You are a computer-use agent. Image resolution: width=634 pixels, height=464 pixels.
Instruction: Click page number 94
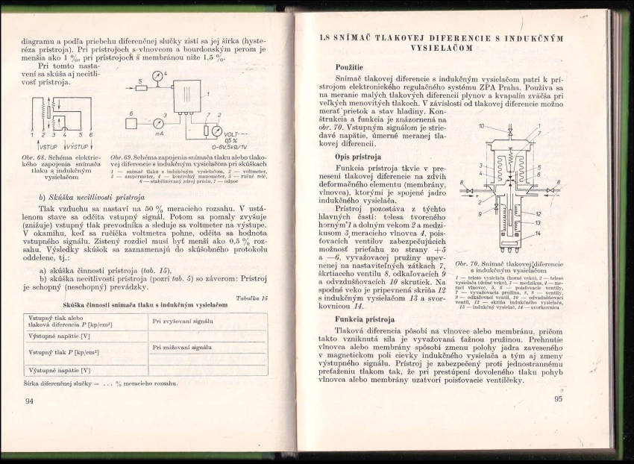[30, 401]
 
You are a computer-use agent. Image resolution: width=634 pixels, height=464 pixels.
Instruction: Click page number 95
[559, 398]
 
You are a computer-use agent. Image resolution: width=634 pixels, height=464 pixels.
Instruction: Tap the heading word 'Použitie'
[349, 67]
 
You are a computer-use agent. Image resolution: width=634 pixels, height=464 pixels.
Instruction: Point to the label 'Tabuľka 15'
[252, 298]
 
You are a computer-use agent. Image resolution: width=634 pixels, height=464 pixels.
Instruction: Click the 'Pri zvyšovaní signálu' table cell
[183, 321]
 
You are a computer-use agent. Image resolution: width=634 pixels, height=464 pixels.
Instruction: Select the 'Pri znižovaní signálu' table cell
[182, 347]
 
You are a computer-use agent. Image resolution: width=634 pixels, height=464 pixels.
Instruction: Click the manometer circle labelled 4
[157, 77]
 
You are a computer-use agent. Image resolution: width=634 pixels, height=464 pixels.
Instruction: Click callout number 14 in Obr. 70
[539, 234]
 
